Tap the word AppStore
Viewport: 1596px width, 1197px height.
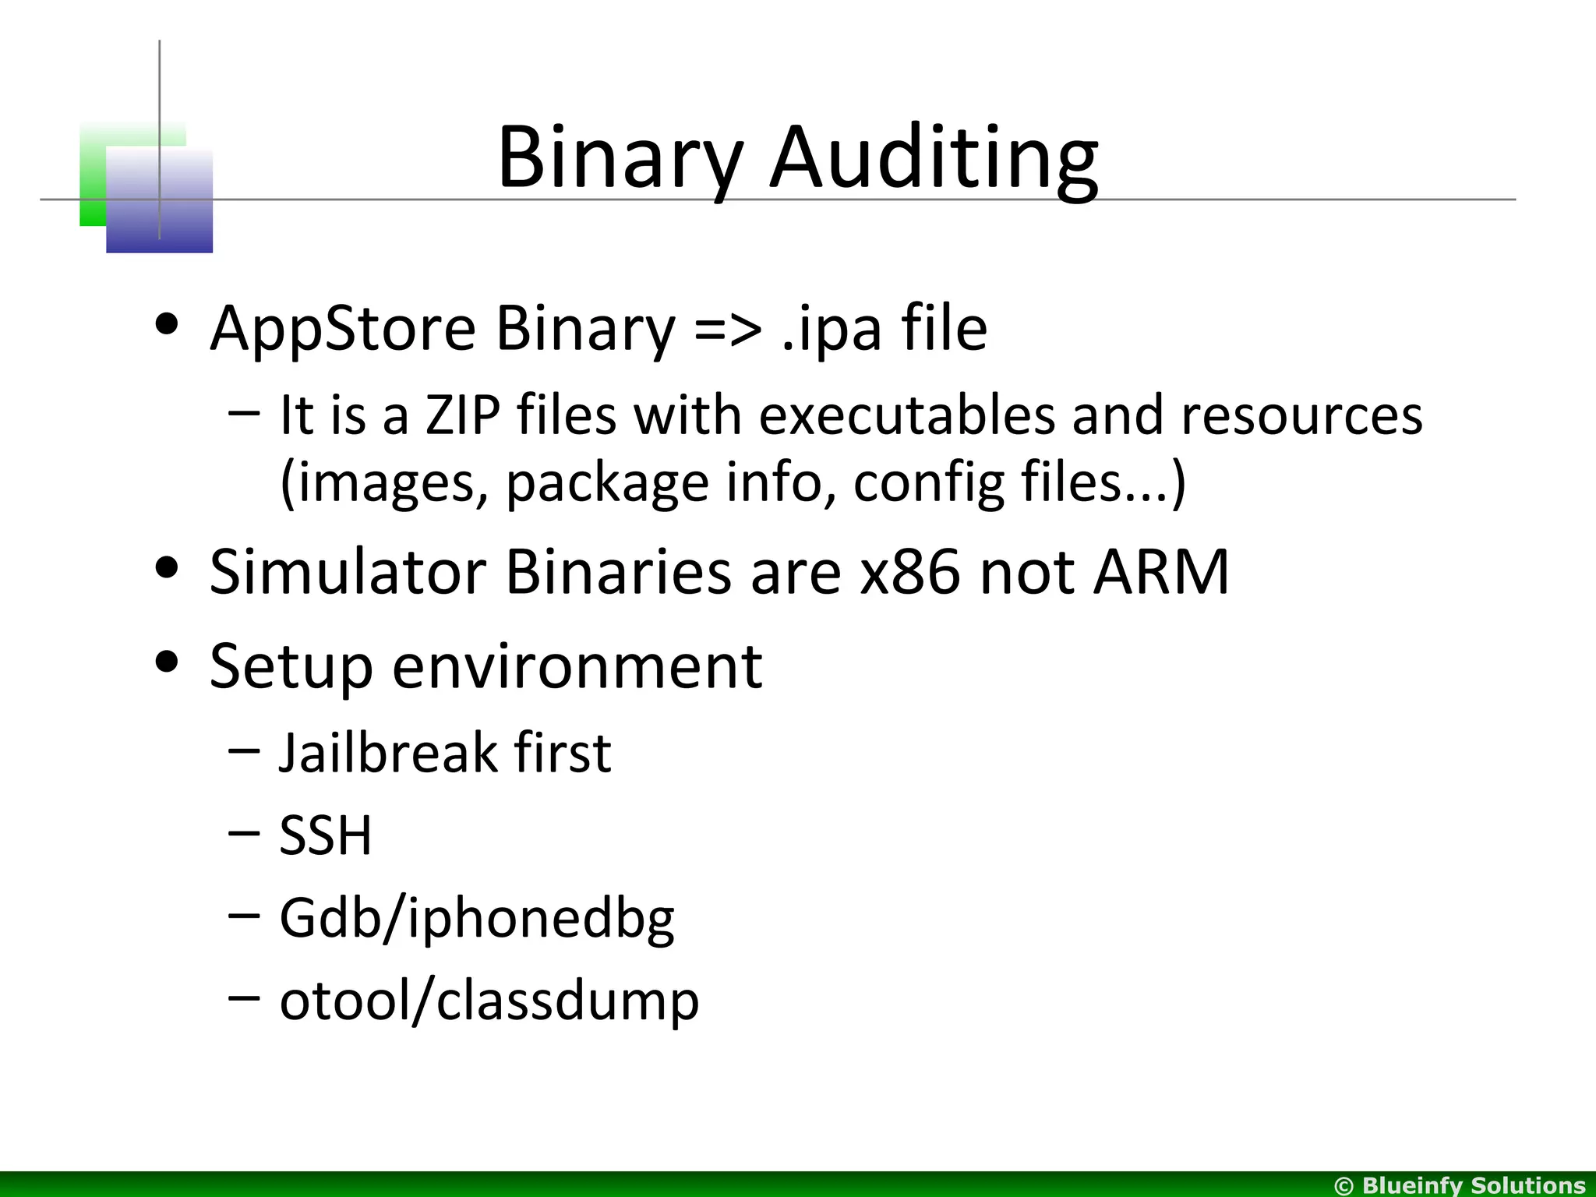click(342, 329)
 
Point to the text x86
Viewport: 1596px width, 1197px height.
click(909, 573)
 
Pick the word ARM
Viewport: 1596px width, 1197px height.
click(1161, 573)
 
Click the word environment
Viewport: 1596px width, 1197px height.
click(577, 667)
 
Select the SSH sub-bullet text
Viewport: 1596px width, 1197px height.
click(326, 835)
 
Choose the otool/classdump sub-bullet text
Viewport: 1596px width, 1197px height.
click(489, 1001)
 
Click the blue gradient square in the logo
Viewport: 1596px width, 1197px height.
click(159, 201)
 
